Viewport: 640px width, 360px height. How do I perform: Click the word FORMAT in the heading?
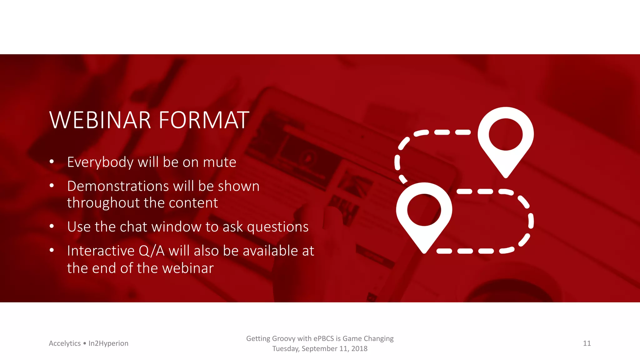click(x=204, y=120)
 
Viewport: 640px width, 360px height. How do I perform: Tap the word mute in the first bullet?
click(x=219, y=162)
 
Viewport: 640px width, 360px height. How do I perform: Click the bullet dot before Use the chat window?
click(x=52, y=226)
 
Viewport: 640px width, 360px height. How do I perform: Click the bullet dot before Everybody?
click(x=52, y=162)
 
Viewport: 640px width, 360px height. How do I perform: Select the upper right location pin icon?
click(x=505, y=137)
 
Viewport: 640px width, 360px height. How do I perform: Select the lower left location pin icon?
click(x=424, y=212)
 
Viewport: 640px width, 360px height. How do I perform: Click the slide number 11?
click(x=587, y=343)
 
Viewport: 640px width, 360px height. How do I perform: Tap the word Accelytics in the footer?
click(x=65, y=343)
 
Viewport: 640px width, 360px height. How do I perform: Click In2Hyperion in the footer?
click(x=108, y=343)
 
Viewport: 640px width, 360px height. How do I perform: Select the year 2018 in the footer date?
click(x=359, y=349)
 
